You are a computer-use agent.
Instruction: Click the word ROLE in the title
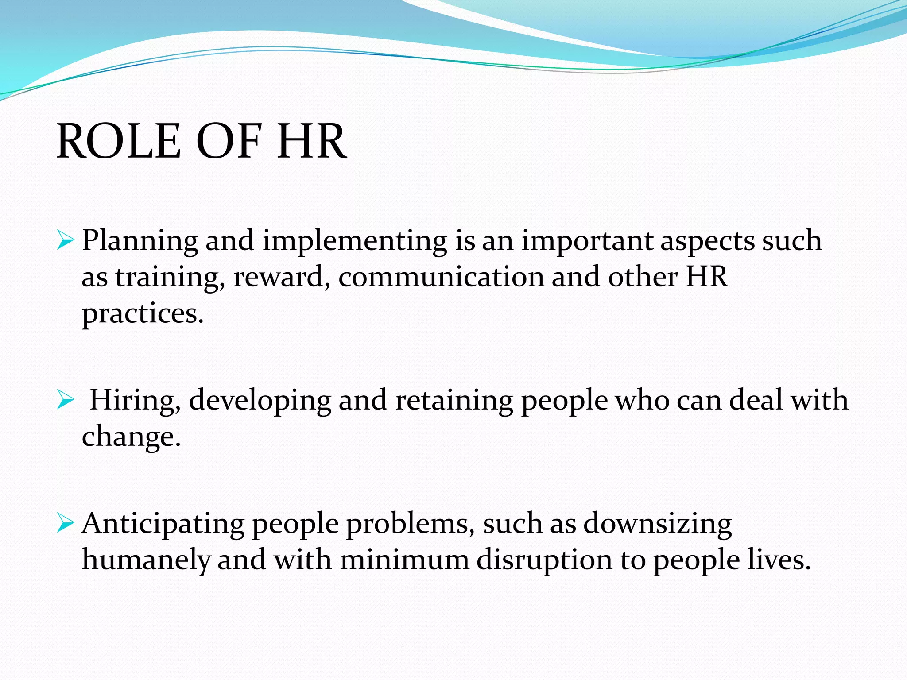pos(119,141)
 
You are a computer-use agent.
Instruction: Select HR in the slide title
pos(311,141)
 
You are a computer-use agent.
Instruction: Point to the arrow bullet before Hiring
pos(66,401)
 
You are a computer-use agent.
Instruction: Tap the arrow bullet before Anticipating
pos(66,524)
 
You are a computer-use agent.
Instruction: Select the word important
pos(587,241)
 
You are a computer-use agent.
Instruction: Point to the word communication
pos(441,278)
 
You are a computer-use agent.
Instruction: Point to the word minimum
pos(404,560)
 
